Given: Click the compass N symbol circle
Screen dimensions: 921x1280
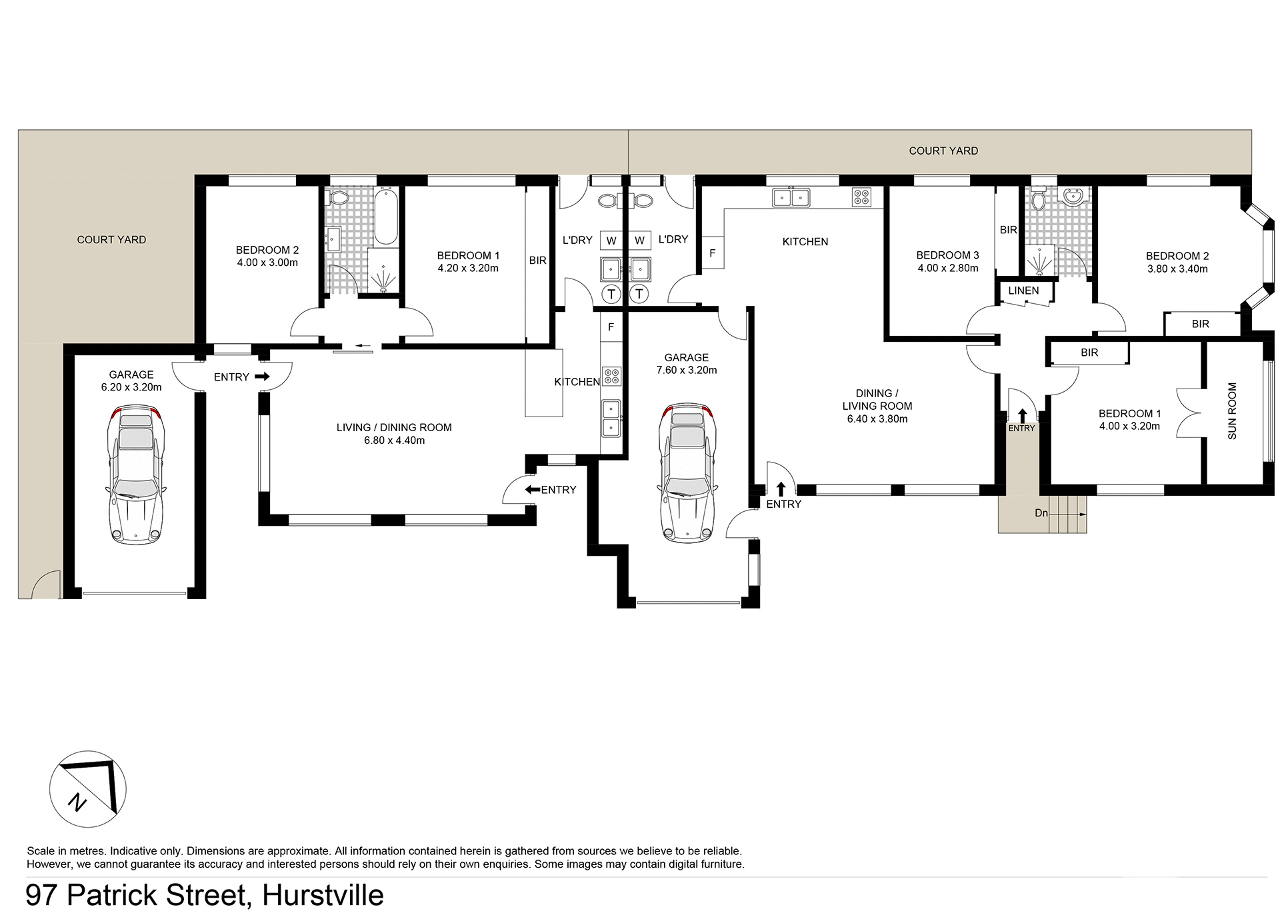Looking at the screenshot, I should [87, 789].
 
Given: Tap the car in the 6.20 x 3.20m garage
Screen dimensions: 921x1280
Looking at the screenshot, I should [136, 477].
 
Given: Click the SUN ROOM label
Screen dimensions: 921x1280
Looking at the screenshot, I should [1232, 411].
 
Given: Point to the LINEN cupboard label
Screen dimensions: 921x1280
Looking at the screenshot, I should [1023, 291].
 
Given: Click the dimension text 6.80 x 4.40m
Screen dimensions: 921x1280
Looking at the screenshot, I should [395, 441].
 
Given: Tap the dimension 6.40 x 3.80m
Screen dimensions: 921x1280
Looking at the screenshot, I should [877, 419].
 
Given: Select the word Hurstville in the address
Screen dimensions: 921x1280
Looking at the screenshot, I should [323, 895].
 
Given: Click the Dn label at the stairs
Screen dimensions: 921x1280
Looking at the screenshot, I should [1041, 513].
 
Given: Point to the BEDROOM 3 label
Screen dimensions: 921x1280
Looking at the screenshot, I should [947, 255].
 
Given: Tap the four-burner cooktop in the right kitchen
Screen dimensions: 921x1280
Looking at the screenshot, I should [861, 197].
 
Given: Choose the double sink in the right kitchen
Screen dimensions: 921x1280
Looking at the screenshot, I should [791, 197].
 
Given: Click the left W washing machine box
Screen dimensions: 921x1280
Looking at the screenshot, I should [611, 241].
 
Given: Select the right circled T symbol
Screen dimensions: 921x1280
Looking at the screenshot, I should [639, 293].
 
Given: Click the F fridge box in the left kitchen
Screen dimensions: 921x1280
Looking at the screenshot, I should [611, 327].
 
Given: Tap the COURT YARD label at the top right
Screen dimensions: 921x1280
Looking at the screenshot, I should [943, 151].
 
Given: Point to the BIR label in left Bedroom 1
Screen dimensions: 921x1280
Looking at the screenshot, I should [538, 261].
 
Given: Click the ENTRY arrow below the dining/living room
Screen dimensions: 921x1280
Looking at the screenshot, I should [781, 489].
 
